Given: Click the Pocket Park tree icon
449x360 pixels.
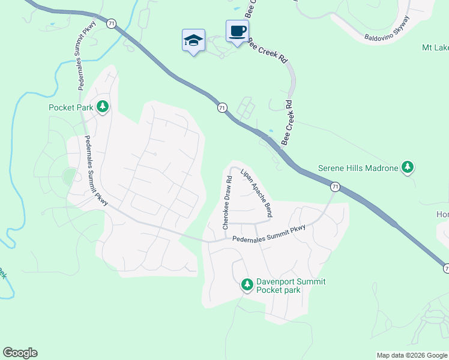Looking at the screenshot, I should click(x=103, y=106).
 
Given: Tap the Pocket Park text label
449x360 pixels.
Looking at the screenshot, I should click(x=71, y=108).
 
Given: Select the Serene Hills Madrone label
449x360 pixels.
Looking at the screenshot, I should click(x=358, y=168).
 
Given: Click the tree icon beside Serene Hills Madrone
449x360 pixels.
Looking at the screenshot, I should click(x=408, y=167).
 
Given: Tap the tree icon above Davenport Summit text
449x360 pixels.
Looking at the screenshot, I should click(x=247, y=284).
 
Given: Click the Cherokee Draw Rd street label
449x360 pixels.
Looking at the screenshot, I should click(x=227, y=203).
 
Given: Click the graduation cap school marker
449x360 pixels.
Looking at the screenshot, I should click(x=193, y=40).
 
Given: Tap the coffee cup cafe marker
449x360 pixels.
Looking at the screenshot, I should click(x=237, y=31).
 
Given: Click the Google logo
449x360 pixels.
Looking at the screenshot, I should click(x=20, y=353).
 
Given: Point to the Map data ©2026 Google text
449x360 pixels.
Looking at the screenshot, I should click(x=412, y=355).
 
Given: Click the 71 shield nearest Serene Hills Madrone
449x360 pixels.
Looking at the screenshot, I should click(x=335, y=187).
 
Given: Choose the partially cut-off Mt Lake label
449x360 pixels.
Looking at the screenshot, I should click(x=435, y=47).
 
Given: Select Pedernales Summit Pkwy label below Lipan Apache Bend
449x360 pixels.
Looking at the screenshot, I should click(x=268, y=235).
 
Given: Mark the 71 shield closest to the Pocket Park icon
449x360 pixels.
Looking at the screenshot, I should click(x=111, y=22).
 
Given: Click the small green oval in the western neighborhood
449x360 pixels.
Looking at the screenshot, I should click(x=70, y=176).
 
